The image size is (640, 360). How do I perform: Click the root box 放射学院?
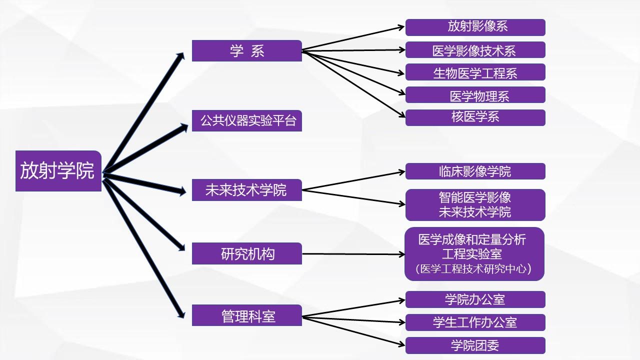[x=58, y=170]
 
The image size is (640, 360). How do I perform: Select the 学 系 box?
[x=246, y=51]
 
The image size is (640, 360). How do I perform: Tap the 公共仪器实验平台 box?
[x=246, y=120]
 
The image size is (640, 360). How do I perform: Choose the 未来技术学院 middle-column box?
[x=246, y=190]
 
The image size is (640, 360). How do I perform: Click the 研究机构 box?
[x=246, y=253]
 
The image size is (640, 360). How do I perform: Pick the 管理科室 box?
[x=246, y=315]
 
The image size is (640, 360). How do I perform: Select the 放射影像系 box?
[x=475, y=27]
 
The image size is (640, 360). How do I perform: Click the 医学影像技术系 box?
[x=475, y=50]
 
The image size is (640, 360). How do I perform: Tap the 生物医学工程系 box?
[x=475, y=72]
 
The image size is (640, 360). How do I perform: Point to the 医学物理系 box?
[x=475, y=95]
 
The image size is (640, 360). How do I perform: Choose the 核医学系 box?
[x=475, y=117]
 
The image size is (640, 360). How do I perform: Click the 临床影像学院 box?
[x=475, y=171]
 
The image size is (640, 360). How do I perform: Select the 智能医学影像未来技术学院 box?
[x=475, y=204]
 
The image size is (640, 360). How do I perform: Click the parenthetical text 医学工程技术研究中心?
[x=473, y=269]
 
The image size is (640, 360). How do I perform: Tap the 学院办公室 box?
[x=475, y=299]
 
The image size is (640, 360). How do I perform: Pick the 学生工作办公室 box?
[x=475, y=322]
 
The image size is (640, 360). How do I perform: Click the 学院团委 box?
[x=475, y=345]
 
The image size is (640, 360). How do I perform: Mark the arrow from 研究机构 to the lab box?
[x=352, y=254]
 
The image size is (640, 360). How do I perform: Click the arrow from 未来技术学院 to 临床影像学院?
[x=352, y=181]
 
